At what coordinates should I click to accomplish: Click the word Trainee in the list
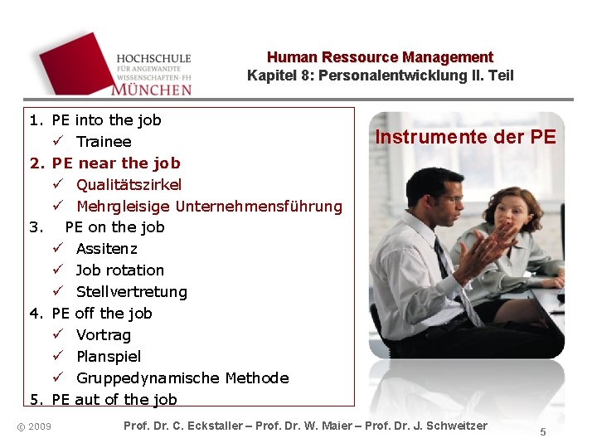[104, 142]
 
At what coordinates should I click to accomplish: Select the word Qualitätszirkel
[129, 184]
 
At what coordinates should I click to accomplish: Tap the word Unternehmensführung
[259, 206]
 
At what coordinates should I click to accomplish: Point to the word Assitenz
[106, 249]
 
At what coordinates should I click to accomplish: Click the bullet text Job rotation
[119, 270]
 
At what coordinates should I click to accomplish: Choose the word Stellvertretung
[131, 292]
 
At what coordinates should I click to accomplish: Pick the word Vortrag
[103, 335]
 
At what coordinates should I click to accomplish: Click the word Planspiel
[108, 357]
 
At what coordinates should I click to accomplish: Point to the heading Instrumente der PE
[465, 137]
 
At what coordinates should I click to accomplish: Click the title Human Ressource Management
[380, 57]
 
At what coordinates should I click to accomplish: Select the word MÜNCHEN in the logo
[152, 87]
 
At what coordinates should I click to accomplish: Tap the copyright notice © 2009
[34, 426]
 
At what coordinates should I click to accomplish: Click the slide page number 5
[543, 431]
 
